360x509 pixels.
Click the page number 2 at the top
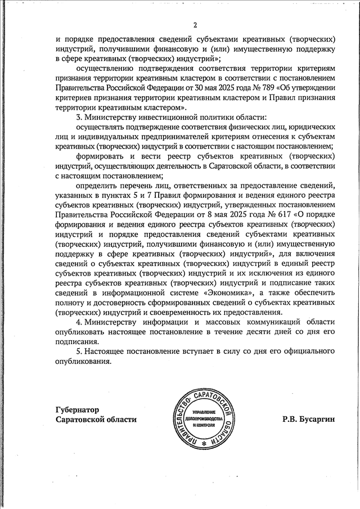pyautogui.click(x=195, y=25)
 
